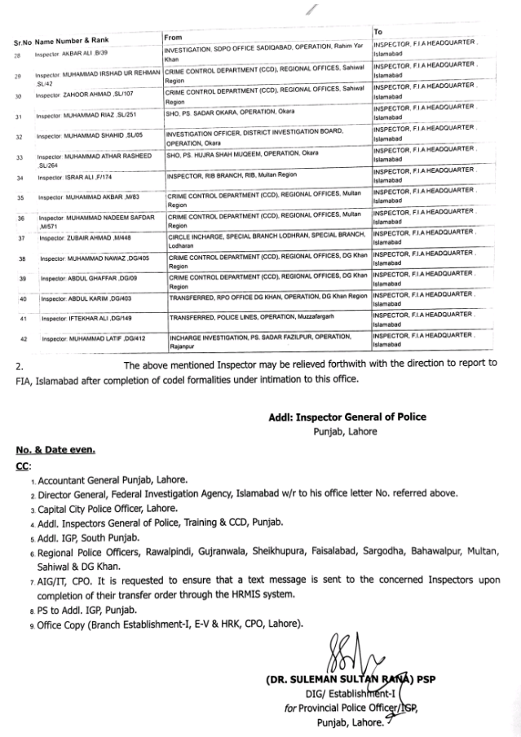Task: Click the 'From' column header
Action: tap(172, 38)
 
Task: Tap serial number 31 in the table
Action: tap(18, 117)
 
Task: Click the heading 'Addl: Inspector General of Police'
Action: tap(347, 417)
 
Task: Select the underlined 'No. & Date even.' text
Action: tap(55, 450)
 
